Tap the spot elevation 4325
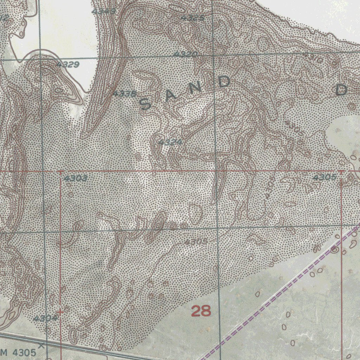192,18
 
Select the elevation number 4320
185,54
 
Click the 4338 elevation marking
124,94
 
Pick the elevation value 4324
171,142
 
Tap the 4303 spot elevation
76,179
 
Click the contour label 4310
313,58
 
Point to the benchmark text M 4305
18,352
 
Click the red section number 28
201,311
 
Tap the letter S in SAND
145,104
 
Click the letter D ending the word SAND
224,82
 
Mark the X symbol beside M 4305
41,346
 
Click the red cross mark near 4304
60,311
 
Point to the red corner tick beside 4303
60,172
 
